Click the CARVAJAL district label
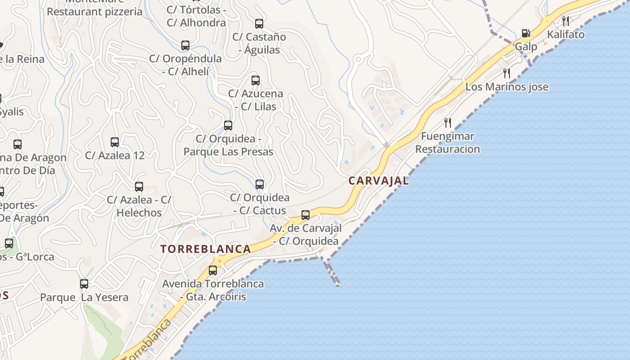point(378,181)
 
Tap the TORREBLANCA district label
point(206,249)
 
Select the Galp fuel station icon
point(525,33)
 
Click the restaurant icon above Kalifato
point(566,20)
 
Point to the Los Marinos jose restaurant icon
point(507,73)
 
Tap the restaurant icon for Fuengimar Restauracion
point(448,122)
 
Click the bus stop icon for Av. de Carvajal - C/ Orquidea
point(306,215)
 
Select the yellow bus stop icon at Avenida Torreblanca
point(213,270)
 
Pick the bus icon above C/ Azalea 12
point(115,142)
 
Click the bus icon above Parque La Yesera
point(84,284)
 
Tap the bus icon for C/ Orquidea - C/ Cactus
point(260,184)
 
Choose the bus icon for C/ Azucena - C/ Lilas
point(256,81)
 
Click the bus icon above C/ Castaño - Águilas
point(259,23)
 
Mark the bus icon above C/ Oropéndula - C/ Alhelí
point(185,45)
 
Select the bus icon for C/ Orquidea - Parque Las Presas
point(228,125)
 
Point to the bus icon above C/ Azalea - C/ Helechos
point(139,186)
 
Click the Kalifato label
point(566,35)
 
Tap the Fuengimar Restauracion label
point(447,143)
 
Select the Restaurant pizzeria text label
point(94,12)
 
